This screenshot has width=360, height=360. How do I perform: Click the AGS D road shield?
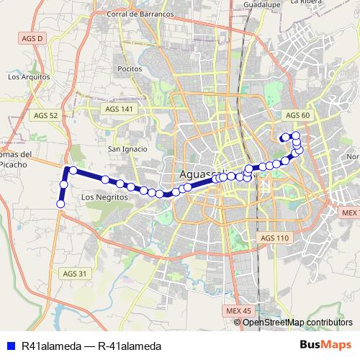(x=33, y=37)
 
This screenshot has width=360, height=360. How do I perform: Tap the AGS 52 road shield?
(x=44, y=115)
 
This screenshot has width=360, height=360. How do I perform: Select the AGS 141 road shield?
(x=120, y=108)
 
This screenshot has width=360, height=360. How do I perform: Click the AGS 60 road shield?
(x=297, y=115)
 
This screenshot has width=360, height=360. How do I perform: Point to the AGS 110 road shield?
(x=274, y=238)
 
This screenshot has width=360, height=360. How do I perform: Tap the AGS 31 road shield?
(x=74, y=274)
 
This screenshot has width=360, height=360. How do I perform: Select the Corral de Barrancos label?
(x=140, y=14)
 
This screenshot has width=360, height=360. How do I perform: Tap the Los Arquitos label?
(x=27, y=76)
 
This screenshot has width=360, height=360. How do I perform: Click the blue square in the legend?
(x=10, y=346)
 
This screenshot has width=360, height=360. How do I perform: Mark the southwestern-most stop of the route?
(x=60, y=204)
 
